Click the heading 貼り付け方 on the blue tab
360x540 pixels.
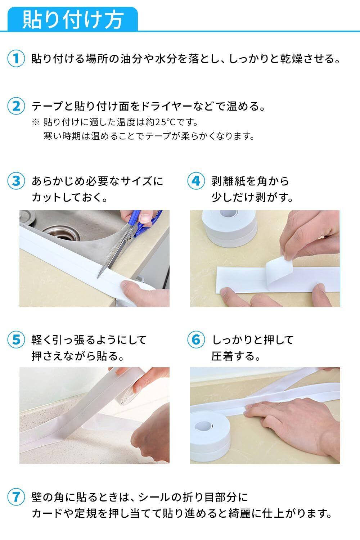(73, 20)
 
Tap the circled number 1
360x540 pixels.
(16, 59)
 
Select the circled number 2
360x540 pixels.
(16, 106)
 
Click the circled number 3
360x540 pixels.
(16, 181)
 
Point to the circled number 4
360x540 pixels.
(196, 181)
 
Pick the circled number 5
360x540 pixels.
(16, 339)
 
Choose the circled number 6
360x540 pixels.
(196, 339)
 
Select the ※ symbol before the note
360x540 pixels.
(35, 122)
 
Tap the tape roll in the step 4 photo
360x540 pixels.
(229, 228)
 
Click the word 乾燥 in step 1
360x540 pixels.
(291, 59)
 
